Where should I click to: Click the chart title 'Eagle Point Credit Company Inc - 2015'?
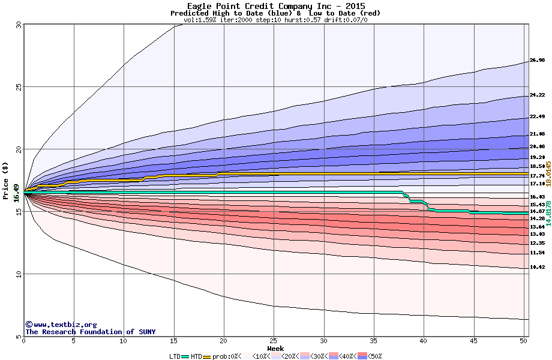pos(275,6)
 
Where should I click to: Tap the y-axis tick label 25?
pos(17,87)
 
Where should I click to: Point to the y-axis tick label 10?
pos(17,274)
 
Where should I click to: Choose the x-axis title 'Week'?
pos(275,348)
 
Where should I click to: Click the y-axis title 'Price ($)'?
pos(5,181)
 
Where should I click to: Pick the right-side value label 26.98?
pos(537,61)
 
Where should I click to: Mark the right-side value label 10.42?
pos(537,267)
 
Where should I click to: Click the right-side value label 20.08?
pos(537,147)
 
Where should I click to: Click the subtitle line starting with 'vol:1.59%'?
pos(275,20)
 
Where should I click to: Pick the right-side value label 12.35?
pos(537,243)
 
